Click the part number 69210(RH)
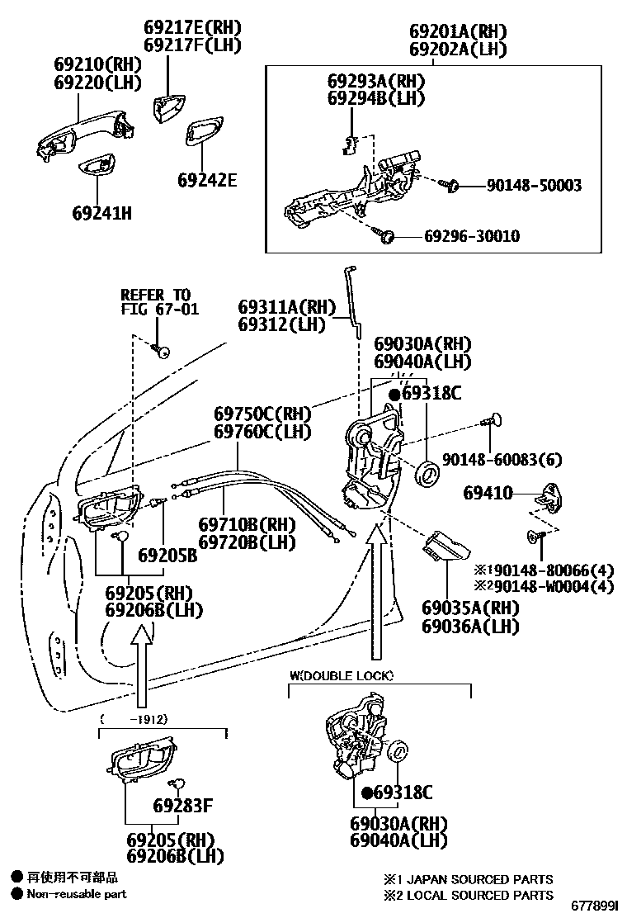coord(98,64)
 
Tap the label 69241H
coord(101,213)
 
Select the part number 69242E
coord(206,179)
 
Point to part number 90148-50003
coord(534,185)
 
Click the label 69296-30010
coord(471,237)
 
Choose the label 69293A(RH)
coord(375,81)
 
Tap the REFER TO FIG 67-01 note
coord(155,302)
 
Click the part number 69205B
coord(167,555)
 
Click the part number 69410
coord(488,493)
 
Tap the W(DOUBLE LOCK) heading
coord(341,675)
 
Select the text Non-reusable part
coord(76,894)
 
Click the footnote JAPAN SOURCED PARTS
coord(478,879)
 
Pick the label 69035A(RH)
coord(470,608)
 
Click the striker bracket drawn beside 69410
coord(548,495)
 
